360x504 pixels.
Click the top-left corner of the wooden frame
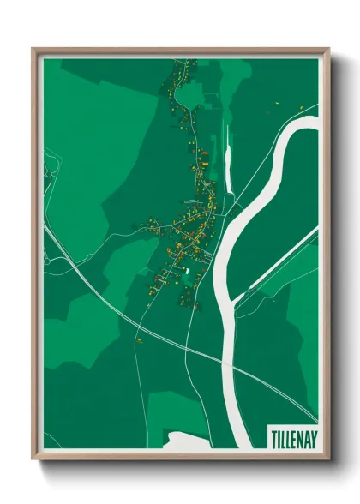click(x=33, y=49)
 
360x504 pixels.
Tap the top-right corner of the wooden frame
click(x=328, y=49)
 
